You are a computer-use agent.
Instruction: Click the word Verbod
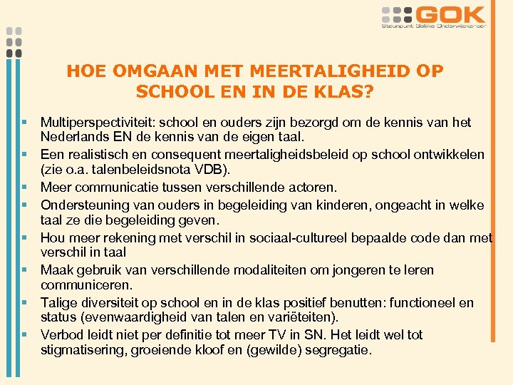click(x=61, y=334)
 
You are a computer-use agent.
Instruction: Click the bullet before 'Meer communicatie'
click(x=25, y=188)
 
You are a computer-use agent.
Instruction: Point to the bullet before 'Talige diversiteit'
click(x=25, y=302)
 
